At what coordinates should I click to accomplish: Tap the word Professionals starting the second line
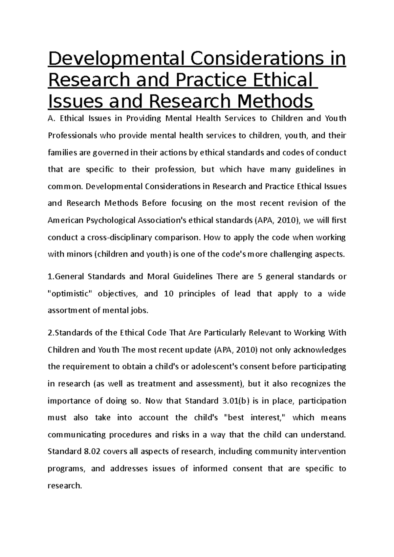[72, 135]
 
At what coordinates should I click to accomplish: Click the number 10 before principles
[168, 294]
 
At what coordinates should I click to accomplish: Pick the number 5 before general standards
[260, 277]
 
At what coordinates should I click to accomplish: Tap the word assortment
[69, 310]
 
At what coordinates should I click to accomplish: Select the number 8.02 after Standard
[90, 451]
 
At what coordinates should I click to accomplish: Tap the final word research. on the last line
[64, 485]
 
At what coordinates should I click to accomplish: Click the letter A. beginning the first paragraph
[51, 118]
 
